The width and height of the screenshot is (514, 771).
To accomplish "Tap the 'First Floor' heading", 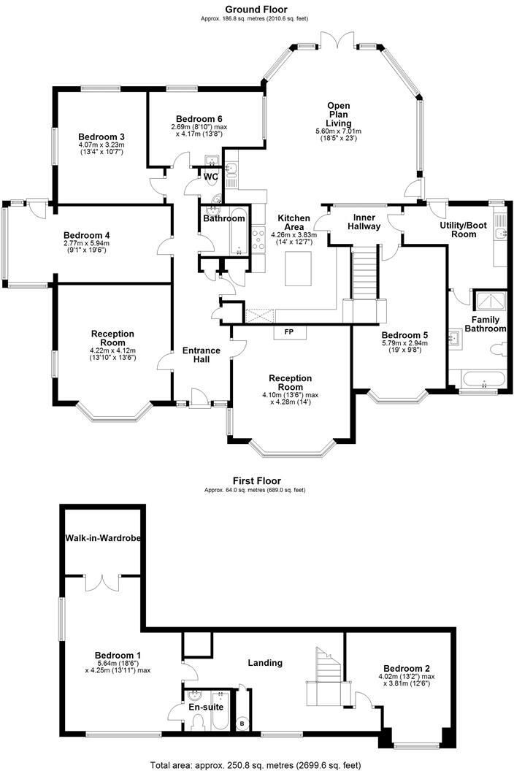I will point(256,481).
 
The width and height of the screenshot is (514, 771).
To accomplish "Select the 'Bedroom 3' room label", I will point(101,137).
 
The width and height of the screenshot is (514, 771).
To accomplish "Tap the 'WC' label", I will point(211,177).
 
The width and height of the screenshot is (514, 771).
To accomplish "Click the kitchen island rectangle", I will point(299,268).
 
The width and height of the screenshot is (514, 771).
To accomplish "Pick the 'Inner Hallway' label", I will point(364,222).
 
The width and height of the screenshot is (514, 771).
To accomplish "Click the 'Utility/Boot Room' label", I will point(462,229).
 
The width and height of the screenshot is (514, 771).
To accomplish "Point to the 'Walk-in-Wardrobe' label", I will point(103,538).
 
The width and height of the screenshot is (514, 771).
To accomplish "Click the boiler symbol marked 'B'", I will point(242,724).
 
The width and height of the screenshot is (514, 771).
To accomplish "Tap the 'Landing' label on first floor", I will point(264,663).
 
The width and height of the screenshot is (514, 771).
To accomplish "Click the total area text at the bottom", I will point(256,764).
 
